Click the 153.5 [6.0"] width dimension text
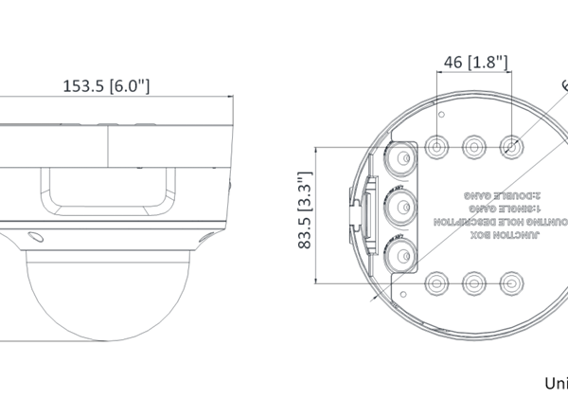tap(107, 86)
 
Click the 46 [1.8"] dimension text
tap(476, 63)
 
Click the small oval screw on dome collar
tap(35, 237)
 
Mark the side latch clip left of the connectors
tap(358, 205)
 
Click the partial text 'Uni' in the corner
tap(555, 384)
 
